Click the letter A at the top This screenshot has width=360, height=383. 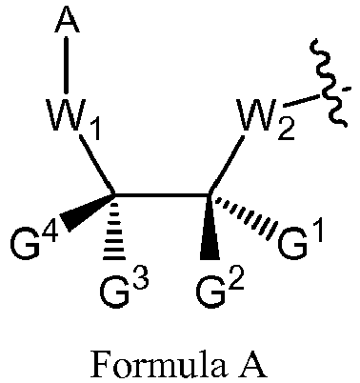66,20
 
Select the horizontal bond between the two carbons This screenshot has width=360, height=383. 162,196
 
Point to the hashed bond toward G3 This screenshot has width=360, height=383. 115,230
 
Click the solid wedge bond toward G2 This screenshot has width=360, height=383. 209,229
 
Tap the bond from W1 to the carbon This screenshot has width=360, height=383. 98,167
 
